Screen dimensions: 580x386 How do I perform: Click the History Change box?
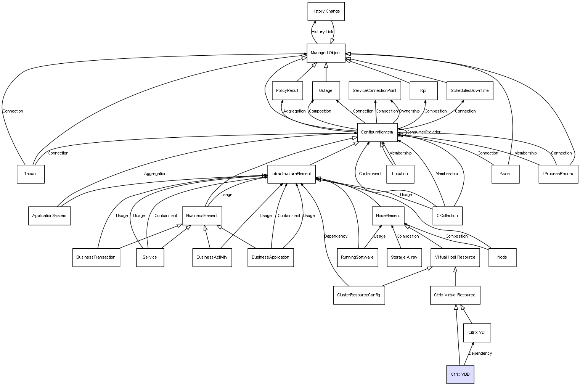326,11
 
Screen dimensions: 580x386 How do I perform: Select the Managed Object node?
326,53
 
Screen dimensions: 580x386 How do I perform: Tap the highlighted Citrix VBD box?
460,374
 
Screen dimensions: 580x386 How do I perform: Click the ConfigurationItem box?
377,132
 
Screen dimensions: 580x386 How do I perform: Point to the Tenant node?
31,174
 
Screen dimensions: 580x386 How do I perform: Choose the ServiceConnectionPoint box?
375,91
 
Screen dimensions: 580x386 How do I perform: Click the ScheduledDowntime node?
470,91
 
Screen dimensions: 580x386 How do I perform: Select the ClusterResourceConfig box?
359,295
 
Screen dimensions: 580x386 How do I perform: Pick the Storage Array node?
404,257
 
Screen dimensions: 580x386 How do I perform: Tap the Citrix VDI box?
477,333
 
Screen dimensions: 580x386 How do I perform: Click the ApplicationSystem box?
50,216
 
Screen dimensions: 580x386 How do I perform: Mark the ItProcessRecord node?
558,174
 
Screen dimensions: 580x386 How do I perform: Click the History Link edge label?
322,32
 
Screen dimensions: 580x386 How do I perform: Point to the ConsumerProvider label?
423,132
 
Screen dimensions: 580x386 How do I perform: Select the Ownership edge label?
409,111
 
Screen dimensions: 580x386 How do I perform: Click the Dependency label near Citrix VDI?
480,353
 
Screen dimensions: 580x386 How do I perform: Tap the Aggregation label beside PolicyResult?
294,111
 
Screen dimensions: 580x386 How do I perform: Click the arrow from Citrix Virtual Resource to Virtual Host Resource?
455,277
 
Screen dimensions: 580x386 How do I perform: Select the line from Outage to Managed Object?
326,72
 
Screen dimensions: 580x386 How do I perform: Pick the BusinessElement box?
202,216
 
